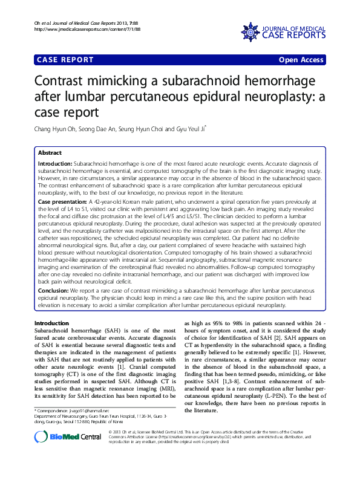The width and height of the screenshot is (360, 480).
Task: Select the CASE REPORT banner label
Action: click(66, 60)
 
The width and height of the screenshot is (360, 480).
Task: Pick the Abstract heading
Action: click(50, 153)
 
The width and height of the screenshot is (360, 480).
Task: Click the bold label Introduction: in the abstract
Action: click(55, 164)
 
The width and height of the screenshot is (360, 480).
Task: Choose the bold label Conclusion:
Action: click(54, 291)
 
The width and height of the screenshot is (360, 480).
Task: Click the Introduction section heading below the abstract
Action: click(52, 323)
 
